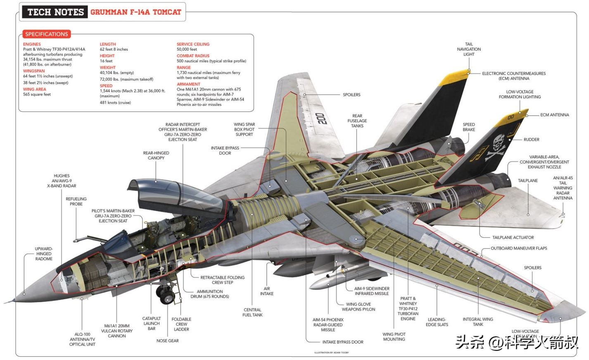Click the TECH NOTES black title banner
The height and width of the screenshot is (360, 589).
pyautogui.click(x=55, y=12)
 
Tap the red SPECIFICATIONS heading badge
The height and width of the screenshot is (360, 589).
pyautogui.click(x=46, y=34)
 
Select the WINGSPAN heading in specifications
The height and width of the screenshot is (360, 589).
pyautogui.click(x=34, y=71)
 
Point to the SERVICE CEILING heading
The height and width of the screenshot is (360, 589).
pyautogui.click(x=193, y=44)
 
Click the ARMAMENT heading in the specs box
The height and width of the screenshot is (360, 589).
pyautogui.click(x=188, y=84)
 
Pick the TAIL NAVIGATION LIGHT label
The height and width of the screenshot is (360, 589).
pyautogui.click(x=469, y=49)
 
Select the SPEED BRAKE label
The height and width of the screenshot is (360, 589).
pyautogui.click(x=469, y=127)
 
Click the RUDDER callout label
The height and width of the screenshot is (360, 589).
pyautogui.click(x=531, y=140)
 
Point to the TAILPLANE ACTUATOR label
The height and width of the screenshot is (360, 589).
pyautogui.click(x=513, y=237)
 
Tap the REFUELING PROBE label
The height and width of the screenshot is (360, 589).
pyautogui.click(x=76, y=201)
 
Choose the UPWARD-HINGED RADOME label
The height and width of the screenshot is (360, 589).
pyautogui.click(x=44, y=254)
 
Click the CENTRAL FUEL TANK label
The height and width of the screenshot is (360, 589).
pyautogui.click(x=252, y=313)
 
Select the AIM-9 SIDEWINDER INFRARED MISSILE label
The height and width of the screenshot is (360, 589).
pyautogui.click(x=371, y=291)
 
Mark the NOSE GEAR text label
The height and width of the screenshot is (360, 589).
pyautogui.click(x=167, y=341)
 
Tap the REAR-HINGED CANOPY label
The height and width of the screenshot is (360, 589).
pyautogui.click(x=156, y=155)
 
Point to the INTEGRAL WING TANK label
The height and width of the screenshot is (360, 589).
pyautogui.click(x=478, y=322)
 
